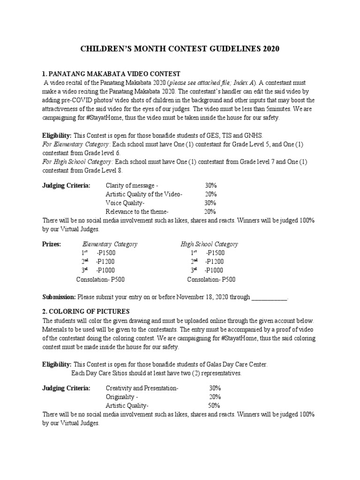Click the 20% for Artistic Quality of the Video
210,194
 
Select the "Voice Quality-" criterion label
125,203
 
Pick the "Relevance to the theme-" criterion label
137,211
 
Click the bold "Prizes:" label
52,244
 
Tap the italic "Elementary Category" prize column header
110,244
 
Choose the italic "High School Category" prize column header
210,244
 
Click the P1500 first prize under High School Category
215,253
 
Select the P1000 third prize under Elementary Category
105,270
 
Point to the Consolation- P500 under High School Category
211,279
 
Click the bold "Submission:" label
59,297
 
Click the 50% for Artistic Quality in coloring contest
214,405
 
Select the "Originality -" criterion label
121,397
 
